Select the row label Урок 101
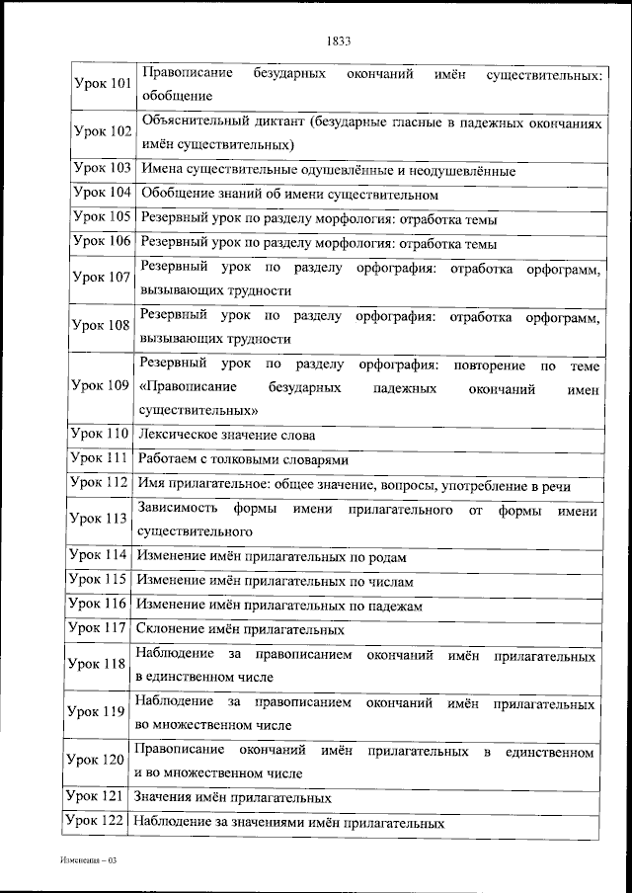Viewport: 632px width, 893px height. point(103,84)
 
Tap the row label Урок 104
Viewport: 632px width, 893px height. point(103,193)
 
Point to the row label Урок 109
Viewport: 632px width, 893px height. point(103,384)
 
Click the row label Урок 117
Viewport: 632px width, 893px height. point(99,627)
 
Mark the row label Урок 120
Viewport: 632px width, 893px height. point(96,760)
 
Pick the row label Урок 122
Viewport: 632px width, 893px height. point(96,820)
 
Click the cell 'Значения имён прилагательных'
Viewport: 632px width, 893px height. point(233,797)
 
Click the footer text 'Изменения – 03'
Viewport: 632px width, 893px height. point(87,861)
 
